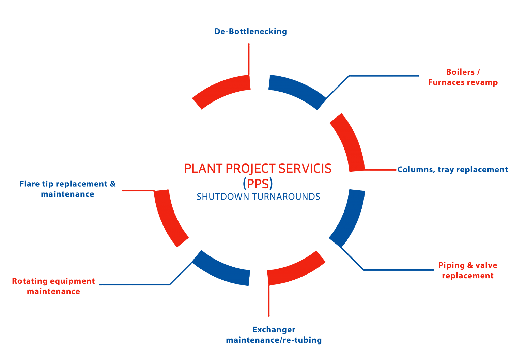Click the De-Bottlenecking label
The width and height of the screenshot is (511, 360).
click(x=250, y=32)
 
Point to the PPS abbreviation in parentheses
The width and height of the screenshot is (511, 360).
click(x=258, y=184)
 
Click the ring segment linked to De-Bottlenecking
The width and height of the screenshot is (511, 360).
click(x=223, y=89)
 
